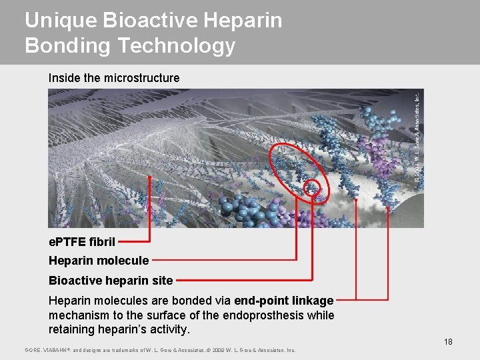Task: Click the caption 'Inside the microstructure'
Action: [x=114, y=78]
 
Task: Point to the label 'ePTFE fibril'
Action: [x=82, y=241]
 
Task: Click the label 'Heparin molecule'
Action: [x=99, y=261]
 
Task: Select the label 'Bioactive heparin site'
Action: [x=111, y=281]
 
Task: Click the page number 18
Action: [x=448, y=342]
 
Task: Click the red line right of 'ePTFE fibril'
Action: [x=137, y=241]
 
